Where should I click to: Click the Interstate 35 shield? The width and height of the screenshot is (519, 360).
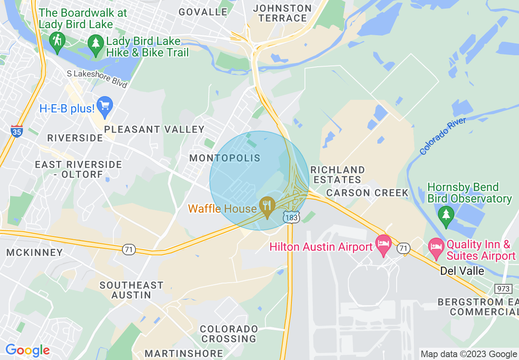(x=17, y=131)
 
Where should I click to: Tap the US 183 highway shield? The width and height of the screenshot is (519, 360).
(x=291, y=217)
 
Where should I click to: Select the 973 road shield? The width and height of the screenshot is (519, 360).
(x=503, y=289)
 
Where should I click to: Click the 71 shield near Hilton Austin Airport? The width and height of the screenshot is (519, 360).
(x=404, y=248)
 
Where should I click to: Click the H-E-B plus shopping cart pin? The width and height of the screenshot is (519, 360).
(x=105, y=106)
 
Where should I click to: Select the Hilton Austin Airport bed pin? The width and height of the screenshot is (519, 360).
(x=384, y=244)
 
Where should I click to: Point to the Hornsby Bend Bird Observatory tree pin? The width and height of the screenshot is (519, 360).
(x=446, y=215)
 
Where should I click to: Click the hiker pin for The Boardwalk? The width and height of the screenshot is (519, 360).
(x=57, y=41)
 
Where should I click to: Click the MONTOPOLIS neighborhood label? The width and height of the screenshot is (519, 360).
(x=225, y=158)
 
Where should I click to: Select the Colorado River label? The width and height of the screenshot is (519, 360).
(x=443, y=136)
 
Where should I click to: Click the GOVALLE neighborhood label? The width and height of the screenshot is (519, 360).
(x=203, y=12)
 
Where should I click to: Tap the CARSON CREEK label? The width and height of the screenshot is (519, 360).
(x=367, y=193)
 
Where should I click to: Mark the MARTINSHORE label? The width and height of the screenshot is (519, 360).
(x=184, y=353)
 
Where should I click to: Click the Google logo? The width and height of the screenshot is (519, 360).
(x=27, y=351)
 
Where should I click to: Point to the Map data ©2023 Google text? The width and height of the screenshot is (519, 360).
(x=469, y=354)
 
